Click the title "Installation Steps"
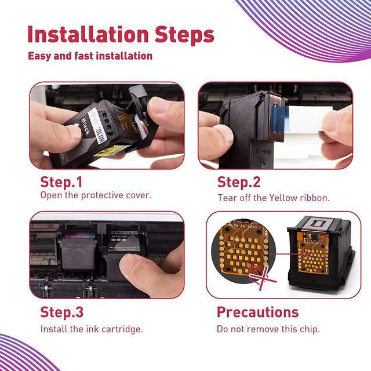coord(120,34)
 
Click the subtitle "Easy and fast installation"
coord(90,56)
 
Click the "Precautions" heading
coord(257,312)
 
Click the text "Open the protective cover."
coord(96,195)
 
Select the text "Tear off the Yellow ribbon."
coord(273,198)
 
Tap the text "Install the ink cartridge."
coord(92,329)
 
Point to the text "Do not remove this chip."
coord(268,329)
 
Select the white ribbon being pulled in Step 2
coord(304,124)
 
